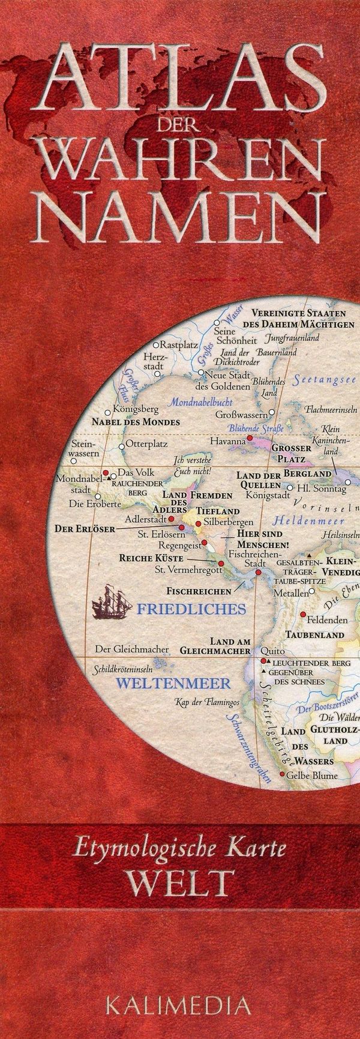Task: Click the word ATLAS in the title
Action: click(180, 78)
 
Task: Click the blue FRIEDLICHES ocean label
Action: click(191, 609)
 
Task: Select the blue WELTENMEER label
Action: click(173, 683)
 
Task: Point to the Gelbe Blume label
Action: click(312, 775)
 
